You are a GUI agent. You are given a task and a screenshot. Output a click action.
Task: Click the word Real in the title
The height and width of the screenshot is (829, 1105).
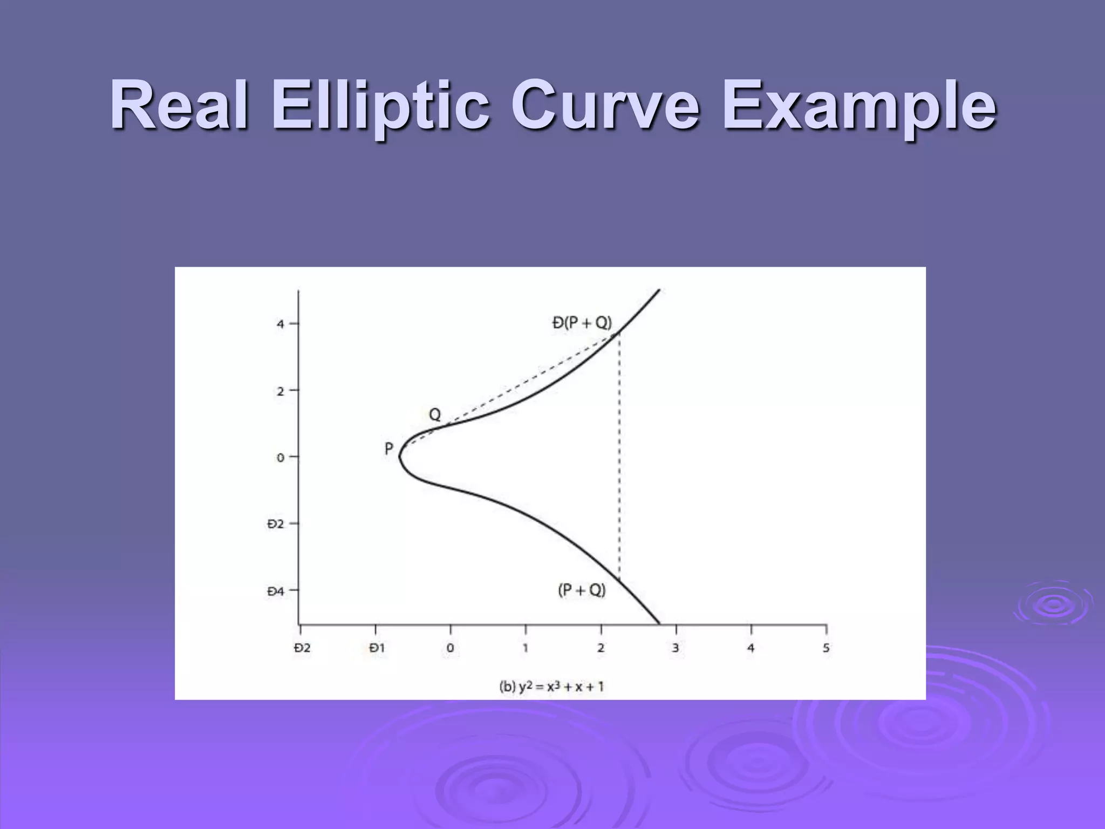click(179, 106)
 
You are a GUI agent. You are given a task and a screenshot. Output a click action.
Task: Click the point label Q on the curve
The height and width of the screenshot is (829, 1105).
click(435, 414)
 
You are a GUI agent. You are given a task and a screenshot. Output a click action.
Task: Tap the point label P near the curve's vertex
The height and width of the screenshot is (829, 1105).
click(388, 449)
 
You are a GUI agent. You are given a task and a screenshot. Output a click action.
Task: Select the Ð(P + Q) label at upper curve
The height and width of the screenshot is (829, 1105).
click(582, 323)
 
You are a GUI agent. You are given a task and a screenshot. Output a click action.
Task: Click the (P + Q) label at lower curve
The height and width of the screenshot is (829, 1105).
click(582, 590)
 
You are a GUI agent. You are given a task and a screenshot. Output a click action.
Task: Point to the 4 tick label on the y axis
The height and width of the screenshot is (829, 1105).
click(280, 324)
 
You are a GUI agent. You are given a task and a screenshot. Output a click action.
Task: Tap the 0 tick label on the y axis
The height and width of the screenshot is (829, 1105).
click(280, 458)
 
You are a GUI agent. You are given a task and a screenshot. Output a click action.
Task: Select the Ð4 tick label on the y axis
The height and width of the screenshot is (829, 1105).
click(275, 592)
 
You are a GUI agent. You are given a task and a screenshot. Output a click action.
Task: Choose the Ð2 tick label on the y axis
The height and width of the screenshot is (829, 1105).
click(275, 524)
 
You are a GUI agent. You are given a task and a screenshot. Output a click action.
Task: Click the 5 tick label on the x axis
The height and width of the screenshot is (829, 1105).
click(826, 648)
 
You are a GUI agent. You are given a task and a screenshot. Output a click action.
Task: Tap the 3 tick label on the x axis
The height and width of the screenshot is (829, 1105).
click(676, 648)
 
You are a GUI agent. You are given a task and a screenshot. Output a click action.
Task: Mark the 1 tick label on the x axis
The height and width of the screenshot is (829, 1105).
click(526, 648)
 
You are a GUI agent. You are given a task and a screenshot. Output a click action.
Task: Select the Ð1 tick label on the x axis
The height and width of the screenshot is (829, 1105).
click(377, 648)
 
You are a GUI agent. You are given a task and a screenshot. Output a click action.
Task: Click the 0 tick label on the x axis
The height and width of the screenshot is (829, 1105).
click(451, 648)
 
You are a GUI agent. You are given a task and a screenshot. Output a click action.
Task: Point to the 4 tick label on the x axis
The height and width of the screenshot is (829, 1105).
click(751, 648)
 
